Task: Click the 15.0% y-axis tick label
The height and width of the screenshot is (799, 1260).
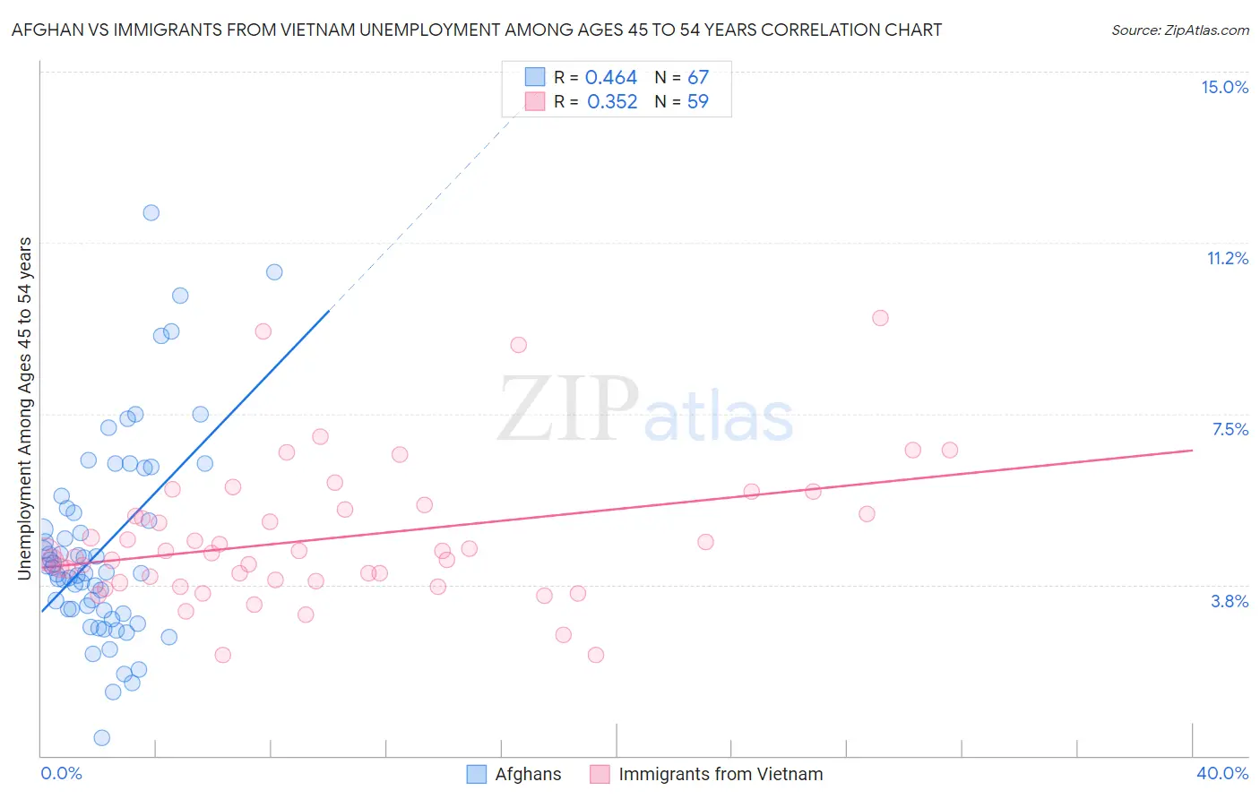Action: pos(1224,87)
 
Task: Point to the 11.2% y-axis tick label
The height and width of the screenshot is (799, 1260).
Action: pos(1227,258)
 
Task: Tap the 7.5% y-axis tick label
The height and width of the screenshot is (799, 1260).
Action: pos(1230,429)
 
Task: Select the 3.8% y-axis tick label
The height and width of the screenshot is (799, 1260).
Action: pos(1230,601)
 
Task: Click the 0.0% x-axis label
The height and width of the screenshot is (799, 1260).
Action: pos(61,773)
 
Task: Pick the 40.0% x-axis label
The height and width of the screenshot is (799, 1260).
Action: pos(1221,773)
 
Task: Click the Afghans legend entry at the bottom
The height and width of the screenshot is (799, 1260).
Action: pos(513,774)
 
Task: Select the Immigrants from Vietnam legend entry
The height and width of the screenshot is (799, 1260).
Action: pos(706,774)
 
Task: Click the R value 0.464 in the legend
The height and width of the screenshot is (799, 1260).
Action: pos(610,78)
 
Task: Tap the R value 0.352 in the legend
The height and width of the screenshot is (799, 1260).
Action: pos(612,102)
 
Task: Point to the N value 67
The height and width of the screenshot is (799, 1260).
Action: pos(697,78)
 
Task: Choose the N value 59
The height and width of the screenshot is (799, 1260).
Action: pos(697,102)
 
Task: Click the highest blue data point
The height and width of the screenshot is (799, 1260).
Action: pos(151,212)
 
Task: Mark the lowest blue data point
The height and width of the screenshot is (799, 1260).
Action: pos(102,737)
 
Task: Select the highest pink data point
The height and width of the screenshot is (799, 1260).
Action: pos(880,318)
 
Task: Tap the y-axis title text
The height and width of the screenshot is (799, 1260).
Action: pos(25,408)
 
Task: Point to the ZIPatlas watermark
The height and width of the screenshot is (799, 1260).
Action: pos(645,410)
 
